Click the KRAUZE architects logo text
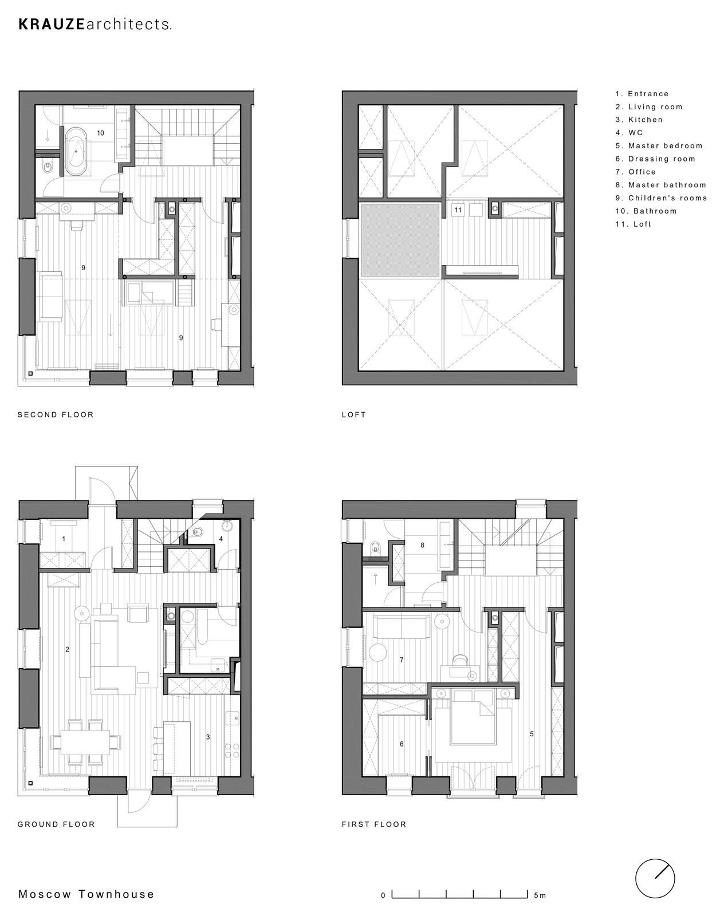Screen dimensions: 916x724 (95, 25)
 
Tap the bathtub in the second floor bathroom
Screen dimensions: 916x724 (75, 151)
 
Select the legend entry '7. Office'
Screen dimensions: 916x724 (635, 172)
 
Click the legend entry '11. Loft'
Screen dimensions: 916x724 (633, 224)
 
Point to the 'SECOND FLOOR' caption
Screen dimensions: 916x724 (56, 414)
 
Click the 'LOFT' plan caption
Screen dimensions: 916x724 (353, 414)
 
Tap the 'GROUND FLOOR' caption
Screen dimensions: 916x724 (56, 824)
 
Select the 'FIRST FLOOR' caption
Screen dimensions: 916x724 (374, 824)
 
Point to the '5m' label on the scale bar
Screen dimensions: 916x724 (540, 895)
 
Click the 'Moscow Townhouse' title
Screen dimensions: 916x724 (86, 894)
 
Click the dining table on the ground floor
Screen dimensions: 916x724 (85, 743)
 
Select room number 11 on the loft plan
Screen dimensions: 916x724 (458, 210)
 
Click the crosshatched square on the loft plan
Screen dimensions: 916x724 (400, 240)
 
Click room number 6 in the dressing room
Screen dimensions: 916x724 (402, 744)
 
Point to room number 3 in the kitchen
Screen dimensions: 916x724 (208, 737)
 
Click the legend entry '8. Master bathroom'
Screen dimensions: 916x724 (661, 185)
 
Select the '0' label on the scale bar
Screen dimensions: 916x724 (383, 895)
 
